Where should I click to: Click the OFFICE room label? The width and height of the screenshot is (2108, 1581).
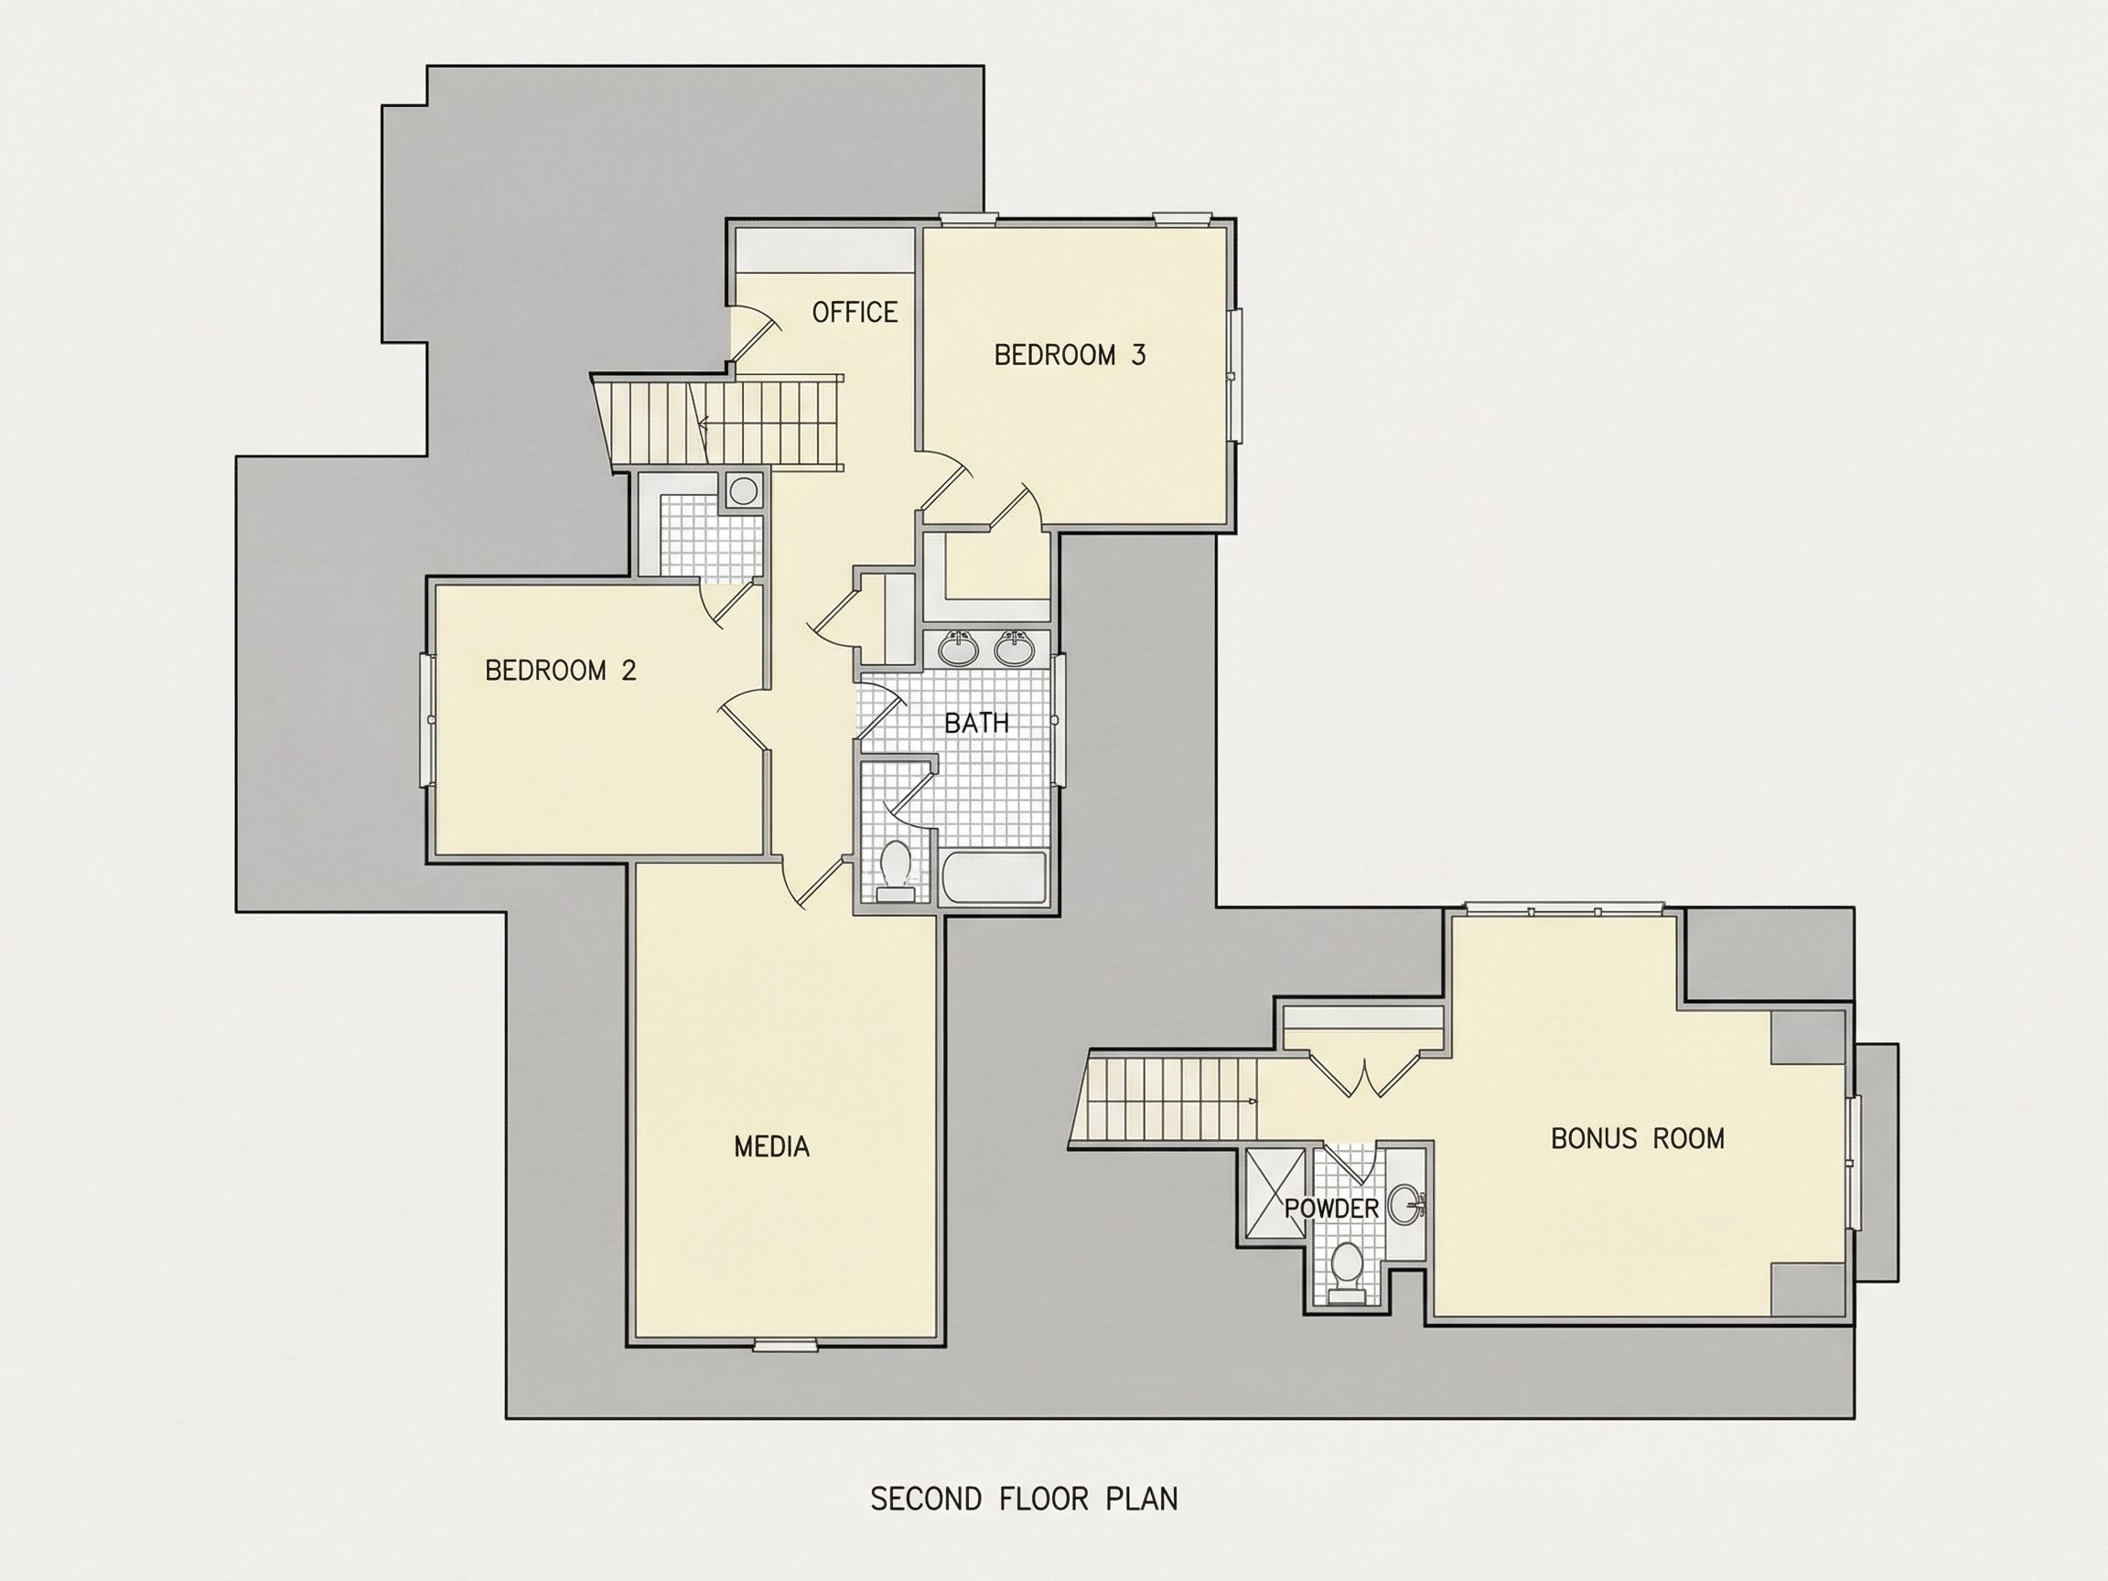coord(854,312)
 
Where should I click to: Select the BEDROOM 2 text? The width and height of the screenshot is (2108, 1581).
coord(560,670)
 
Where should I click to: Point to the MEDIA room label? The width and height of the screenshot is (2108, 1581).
coord(772,1146)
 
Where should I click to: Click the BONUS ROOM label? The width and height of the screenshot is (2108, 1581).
coord(1637,1138)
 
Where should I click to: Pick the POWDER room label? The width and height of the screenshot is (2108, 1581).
coord(1331,1209)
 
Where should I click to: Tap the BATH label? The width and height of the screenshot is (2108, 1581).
coord(976,723)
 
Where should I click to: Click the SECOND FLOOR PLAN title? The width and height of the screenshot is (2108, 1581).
coord(1025,1499)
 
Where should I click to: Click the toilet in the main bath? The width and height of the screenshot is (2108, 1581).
coord(895,871)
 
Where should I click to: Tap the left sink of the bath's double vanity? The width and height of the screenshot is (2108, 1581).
coord(958,648)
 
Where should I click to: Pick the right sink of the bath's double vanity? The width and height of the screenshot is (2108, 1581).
coord(1014,648)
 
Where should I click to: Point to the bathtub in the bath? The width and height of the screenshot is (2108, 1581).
coord(993,878)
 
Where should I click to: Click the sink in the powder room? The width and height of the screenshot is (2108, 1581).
coord(1404,1205)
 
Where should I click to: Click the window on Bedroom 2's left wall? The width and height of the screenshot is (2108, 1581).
coord(428,719)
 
